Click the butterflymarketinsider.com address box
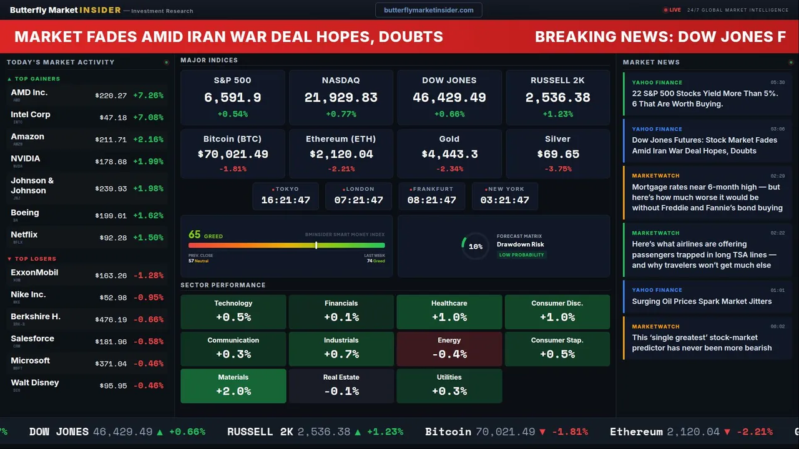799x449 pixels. coord(429,10)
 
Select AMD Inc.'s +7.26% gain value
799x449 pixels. coord(149,95)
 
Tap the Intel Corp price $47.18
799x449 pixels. coord(113,117)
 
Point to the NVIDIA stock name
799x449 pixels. coord(26,158)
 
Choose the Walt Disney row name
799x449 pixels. coord(35,382)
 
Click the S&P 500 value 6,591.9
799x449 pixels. coord(233,97)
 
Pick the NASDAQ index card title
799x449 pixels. coord(341,80)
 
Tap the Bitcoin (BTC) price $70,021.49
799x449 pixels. coord(233,154)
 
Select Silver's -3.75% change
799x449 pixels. coord(557,169)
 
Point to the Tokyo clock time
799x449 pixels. coord(285,200)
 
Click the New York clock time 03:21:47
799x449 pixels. coord(504,200)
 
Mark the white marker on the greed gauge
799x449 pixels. coord(316,245)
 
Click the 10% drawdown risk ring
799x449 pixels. coord(475,246)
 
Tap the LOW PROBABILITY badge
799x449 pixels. coord(521,254)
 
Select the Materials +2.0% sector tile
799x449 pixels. coord(233,385)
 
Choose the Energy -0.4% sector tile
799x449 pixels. coord(449,349)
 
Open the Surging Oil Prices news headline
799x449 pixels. coord(702,301)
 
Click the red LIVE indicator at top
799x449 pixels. coord(672,10)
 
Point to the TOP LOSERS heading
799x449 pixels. coord(35,259)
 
